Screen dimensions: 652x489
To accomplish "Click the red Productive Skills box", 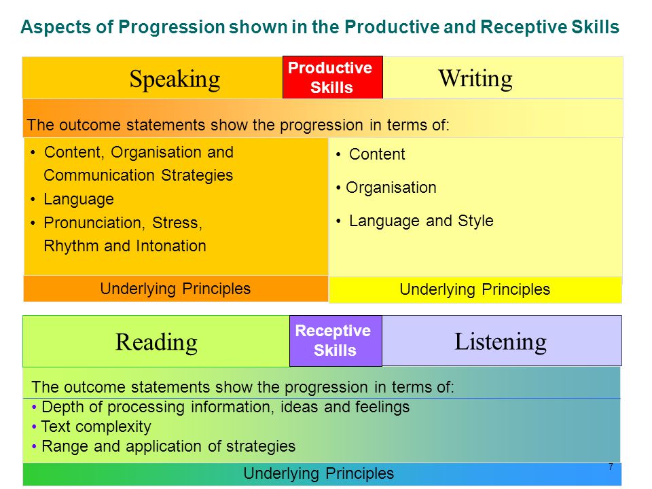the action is point(333,77).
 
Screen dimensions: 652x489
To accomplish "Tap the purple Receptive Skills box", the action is point(336,340).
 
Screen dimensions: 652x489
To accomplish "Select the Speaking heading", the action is point(175,79).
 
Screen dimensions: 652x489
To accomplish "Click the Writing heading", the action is point(475,78).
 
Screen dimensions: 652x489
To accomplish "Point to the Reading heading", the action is point(156,342).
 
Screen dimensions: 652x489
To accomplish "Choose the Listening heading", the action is point(501,342).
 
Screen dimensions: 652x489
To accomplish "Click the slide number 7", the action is point(611,467).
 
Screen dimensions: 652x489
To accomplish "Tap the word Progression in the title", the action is point(172,27).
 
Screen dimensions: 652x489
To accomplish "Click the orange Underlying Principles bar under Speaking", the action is point(175,289).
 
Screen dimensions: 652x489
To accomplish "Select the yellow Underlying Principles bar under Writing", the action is point(475,289).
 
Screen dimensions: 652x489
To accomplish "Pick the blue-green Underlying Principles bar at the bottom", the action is point(322,473).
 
